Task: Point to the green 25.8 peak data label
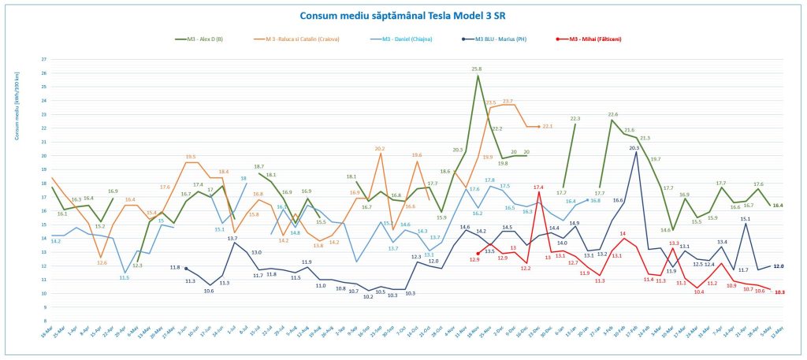[476, 69]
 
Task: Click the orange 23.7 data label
[508, 102]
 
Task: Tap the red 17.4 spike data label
[538, 187]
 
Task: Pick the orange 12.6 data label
[102, 262]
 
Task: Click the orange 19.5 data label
[190, 157]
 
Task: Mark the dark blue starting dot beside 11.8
[186, 269]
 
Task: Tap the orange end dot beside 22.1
[539, 126]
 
